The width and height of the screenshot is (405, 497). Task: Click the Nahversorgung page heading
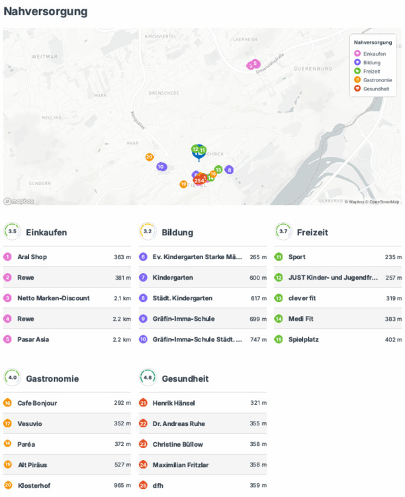[46, 11]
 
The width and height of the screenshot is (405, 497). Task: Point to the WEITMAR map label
[22, 57]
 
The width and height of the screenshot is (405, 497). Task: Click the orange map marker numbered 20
[150, 157]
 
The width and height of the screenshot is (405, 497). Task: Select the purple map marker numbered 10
[161, 166]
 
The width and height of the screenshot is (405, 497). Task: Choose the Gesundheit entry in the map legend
[376, 88]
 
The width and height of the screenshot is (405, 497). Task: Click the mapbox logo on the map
[19, 201]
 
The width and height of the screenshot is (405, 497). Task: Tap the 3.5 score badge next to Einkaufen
[12, 231]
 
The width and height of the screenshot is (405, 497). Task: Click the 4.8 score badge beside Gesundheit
[148, 378]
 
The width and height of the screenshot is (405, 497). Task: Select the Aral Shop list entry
[32, 256]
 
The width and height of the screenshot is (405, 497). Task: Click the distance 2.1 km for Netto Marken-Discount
[122, 298]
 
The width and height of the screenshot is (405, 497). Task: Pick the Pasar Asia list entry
[33, 339]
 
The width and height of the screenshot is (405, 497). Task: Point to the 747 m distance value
[258, 339]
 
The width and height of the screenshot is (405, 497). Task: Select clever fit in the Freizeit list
[302, 298]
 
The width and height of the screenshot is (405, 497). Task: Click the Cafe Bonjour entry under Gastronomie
[37, 402]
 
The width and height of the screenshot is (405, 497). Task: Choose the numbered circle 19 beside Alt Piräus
[7, 465]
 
